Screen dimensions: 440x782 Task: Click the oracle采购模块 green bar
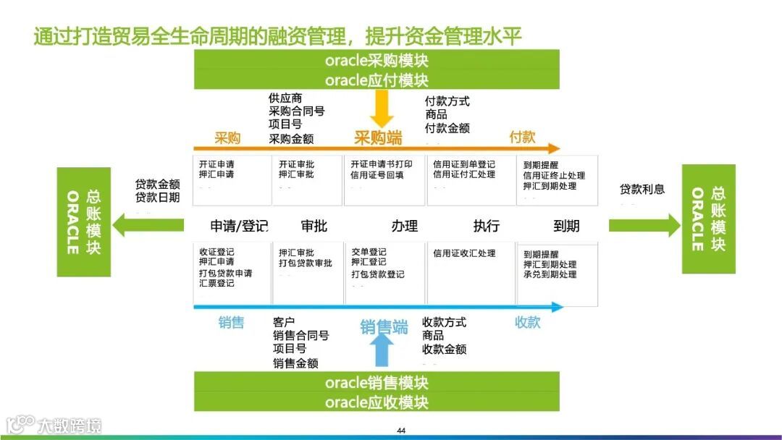(x=377, y=60)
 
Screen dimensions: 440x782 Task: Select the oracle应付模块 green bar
(x=377, y=80)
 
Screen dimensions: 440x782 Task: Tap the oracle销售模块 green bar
(x=377, y=382)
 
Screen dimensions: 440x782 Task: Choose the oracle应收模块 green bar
(x=377, y=402)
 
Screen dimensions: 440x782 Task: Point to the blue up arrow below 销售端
(x=383, y=352)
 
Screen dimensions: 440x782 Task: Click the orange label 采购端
(x=377, y=138)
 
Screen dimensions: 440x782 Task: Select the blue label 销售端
(x=384, y=327)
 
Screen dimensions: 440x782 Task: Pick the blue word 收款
(x=527, y=322)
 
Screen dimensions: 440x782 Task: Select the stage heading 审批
(x=314, y=226)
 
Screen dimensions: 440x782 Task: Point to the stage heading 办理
(x=405, y=226)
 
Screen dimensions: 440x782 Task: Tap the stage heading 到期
(x=566, y=226)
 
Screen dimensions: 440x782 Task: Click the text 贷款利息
(x=642, y=190)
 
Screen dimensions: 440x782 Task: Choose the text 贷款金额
(x=157, y=185)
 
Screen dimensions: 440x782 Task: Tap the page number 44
(x=401, y=431)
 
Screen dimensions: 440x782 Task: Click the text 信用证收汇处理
(x=464, y=253)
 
